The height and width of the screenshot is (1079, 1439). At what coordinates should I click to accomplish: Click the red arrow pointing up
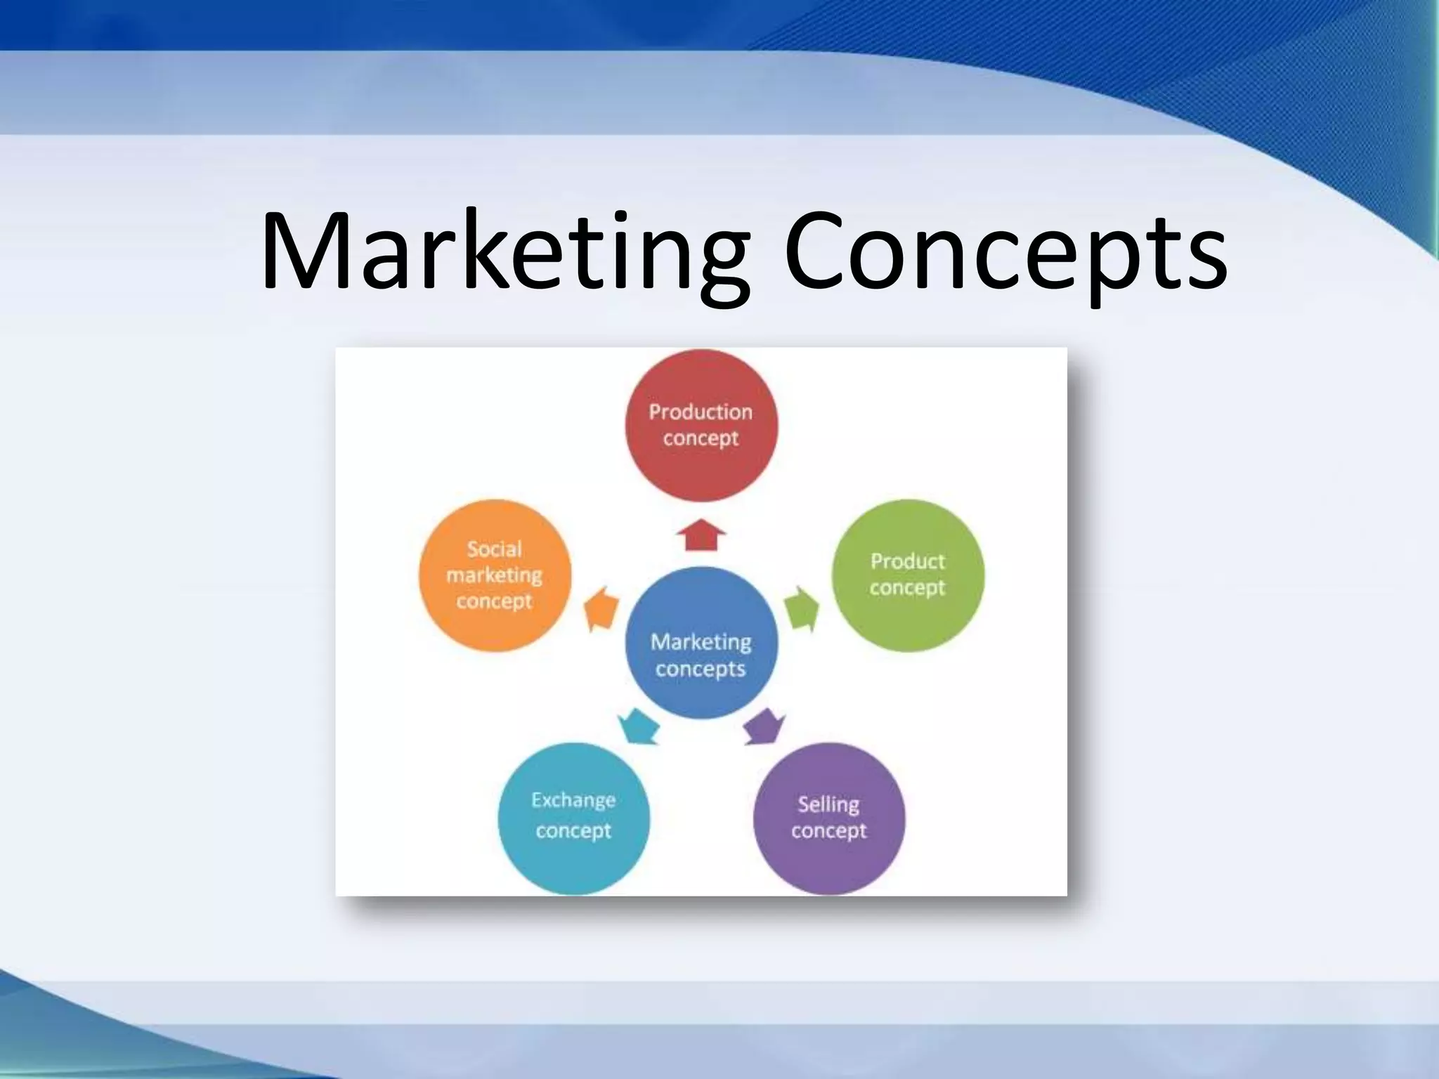tap(701, 535)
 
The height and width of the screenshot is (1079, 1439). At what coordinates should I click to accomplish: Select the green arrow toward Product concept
tap(802, 608)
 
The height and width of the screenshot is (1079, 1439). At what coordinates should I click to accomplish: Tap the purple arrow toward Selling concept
tap(764, 726)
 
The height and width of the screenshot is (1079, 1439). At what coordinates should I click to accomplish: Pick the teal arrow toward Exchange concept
tap(639, 726)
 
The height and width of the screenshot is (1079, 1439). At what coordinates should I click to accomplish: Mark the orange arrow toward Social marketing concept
tap(601, 608)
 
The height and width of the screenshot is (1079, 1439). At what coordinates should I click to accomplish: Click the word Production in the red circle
tap(701, 412)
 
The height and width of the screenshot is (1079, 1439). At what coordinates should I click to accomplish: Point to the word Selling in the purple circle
tap(828, 804)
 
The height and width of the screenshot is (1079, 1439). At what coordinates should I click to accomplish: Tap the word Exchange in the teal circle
tap(573, 800)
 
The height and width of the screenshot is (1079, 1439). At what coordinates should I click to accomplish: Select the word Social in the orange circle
tap(495, 549)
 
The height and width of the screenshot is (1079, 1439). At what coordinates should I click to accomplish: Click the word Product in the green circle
tap(908, 561)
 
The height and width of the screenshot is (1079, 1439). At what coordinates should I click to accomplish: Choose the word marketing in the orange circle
tap(495, 575)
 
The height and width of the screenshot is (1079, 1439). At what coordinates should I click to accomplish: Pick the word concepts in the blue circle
tap(701, 669)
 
